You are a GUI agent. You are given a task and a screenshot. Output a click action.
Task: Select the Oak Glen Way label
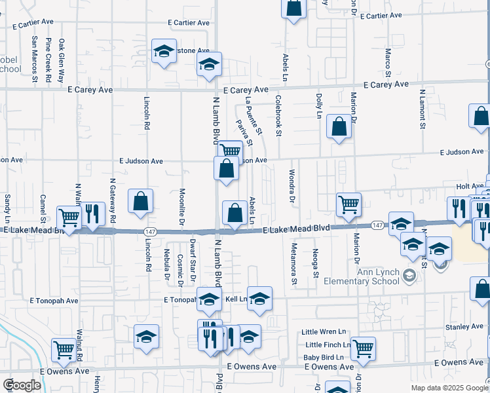(62, 60)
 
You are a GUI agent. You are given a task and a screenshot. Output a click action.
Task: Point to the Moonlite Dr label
(181, 208)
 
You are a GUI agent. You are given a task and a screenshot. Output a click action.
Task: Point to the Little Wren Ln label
(323, 332)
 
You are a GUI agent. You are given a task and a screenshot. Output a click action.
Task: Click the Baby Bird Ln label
(323, 357)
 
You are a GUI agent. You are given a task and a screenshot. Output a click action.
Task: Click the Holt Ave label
(469, 187)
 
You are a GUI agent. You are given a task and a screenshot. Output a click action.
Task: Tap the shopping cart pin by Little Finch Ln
(363, 348)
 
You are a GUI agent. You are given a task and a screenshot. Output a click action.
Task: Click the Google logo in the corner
(22, 385)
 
